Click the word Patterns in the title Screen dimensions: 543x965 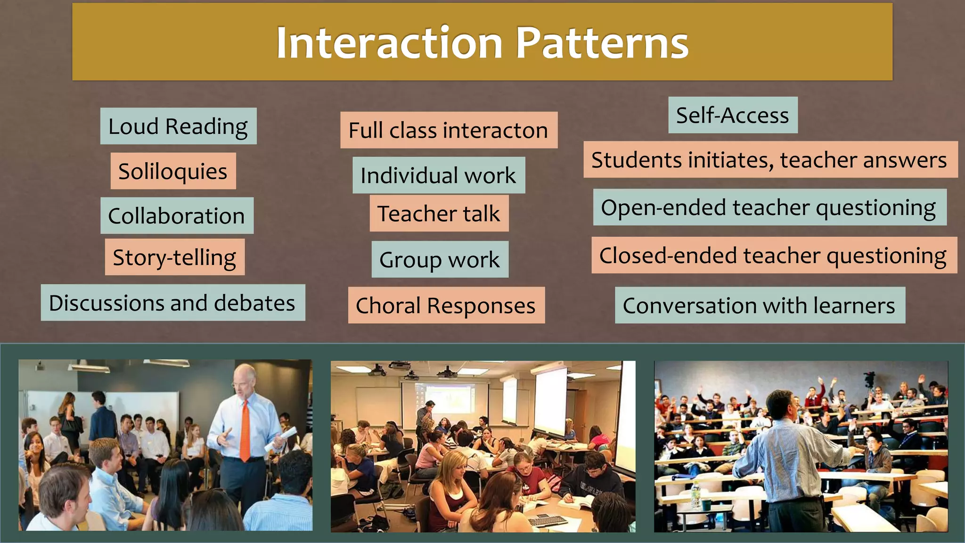pos(602,43)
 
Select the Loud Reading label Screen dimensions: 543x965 pos(178,126)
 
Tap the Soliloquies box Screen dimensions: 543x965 pos(173,171)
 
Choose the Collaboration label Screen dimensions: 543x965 pos(177,216)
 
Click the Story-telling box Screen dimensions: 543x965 pos(174,257)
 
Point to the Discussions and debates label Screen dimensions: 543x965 pos(172,303)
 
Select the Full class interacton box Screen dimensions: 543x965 pos(449,130)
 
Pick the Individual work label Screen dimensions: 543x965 pos(438,175)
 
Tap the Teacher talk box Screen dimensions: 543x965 pos(439,214)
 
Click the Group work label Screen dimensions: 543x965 pos(440,260)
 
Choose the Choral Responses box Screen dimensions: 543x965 pos(446,305)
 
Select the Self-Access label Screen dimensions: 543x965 pos(733,115)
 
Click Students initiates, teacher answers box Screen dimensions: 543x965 pos(770,160)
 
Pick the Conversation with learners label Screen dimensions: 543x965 pos(760,305)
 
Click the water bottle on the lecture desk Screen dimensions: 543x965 pos(694,495)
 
